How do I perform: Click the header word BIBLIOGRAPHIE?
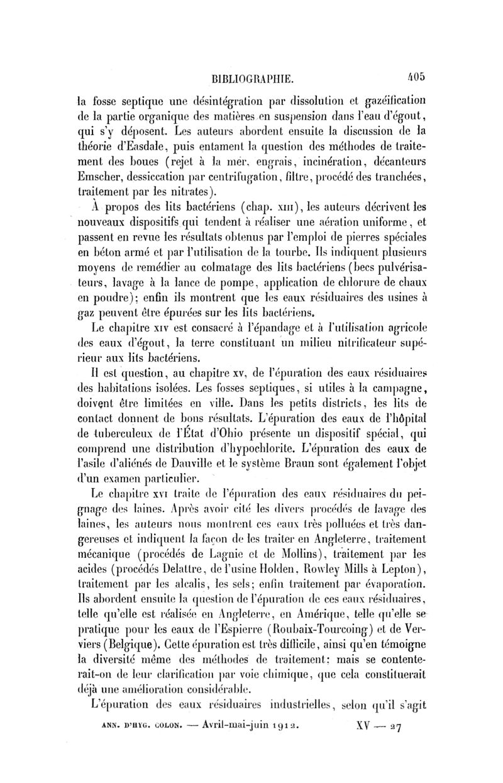(251, 79)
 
